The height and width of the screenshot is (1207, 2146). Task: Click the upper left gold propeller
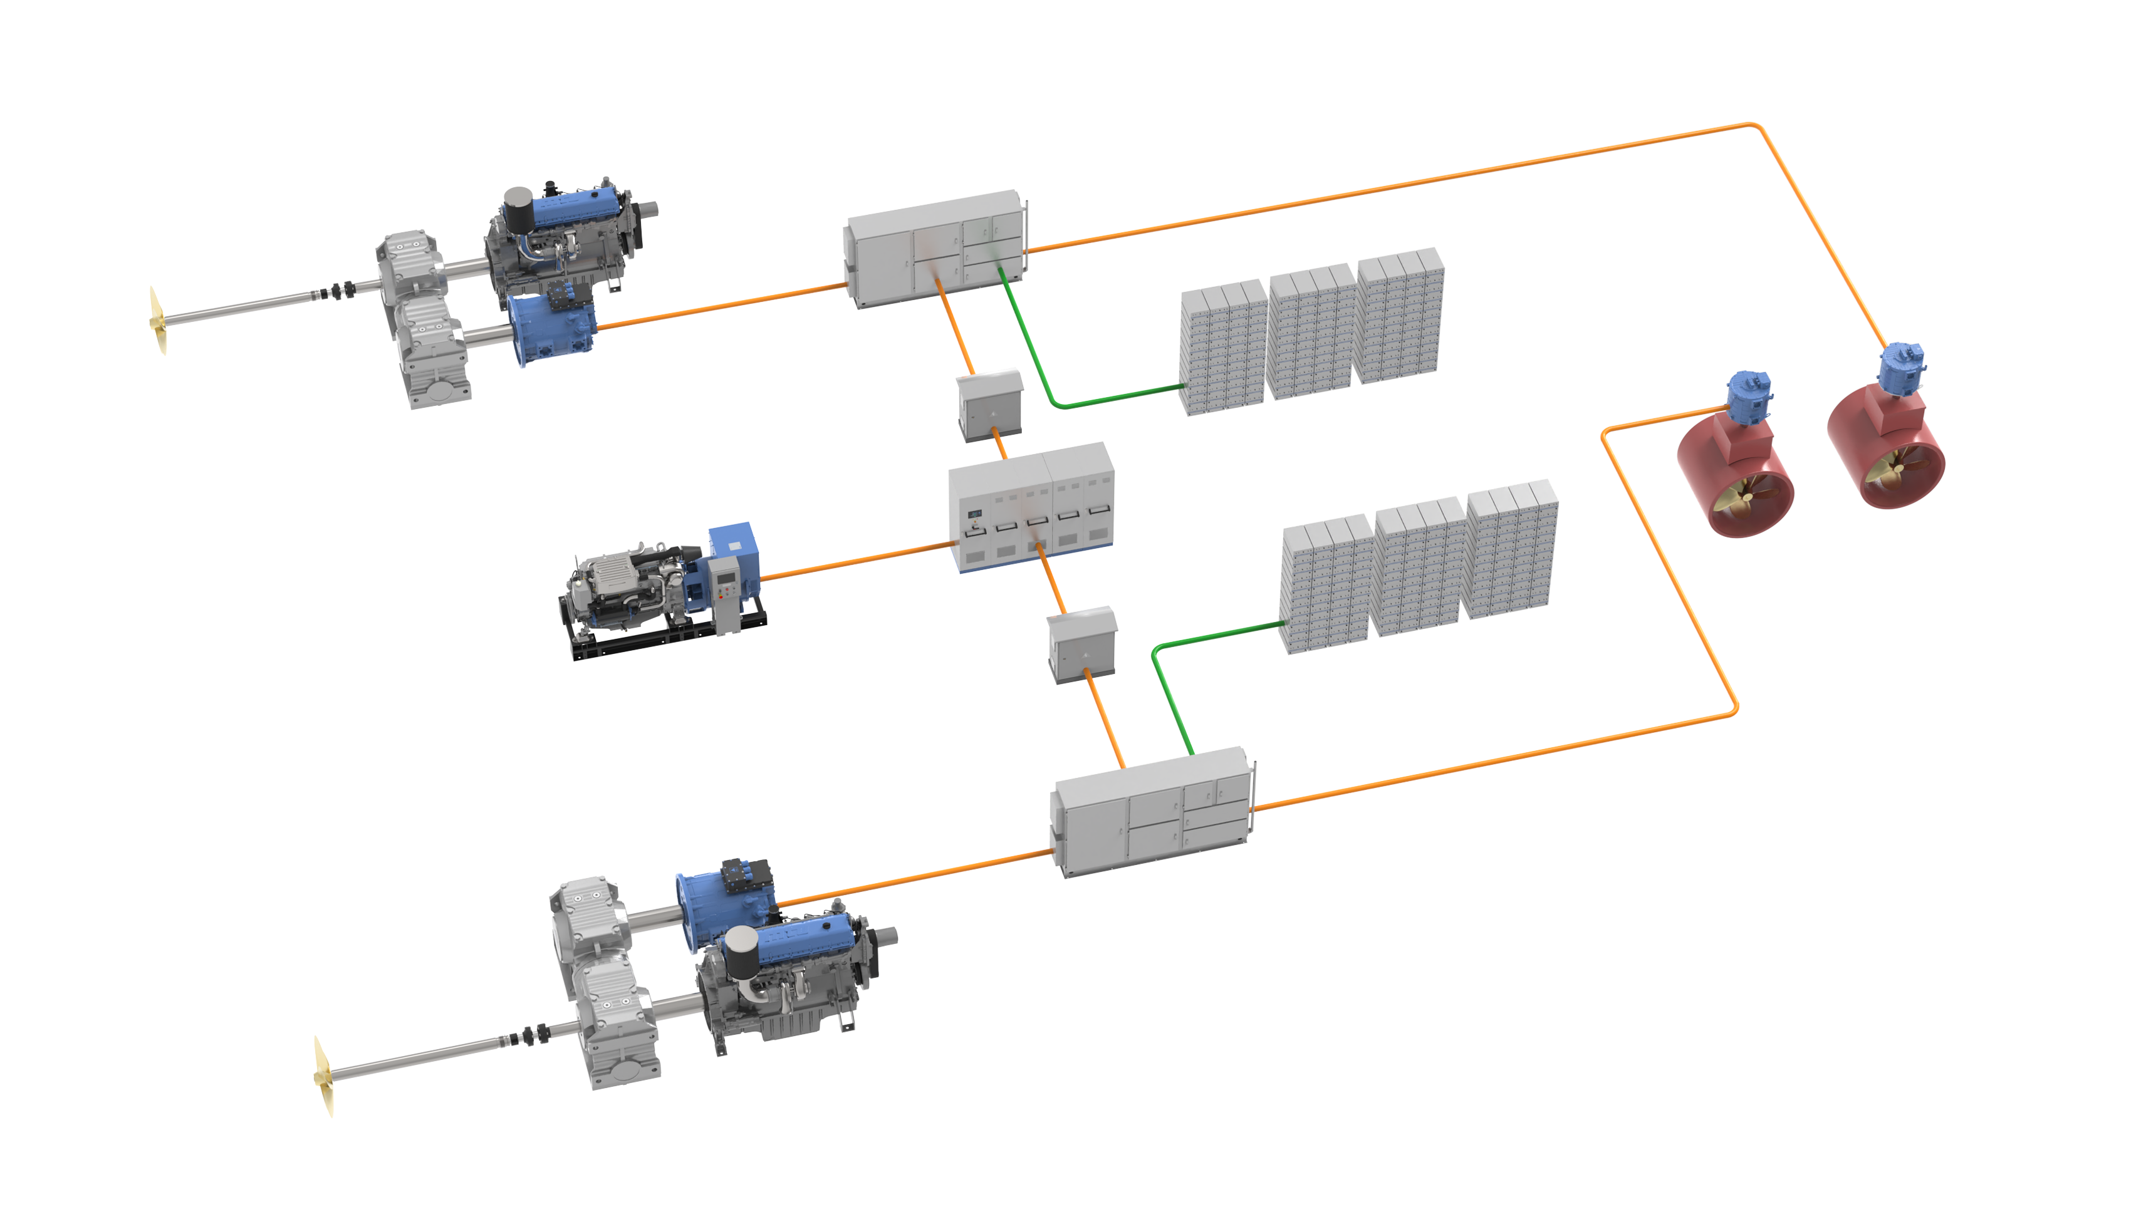coord(157,321)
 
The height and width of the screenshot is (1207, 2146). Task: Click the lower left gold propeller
coord(323,1075)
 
